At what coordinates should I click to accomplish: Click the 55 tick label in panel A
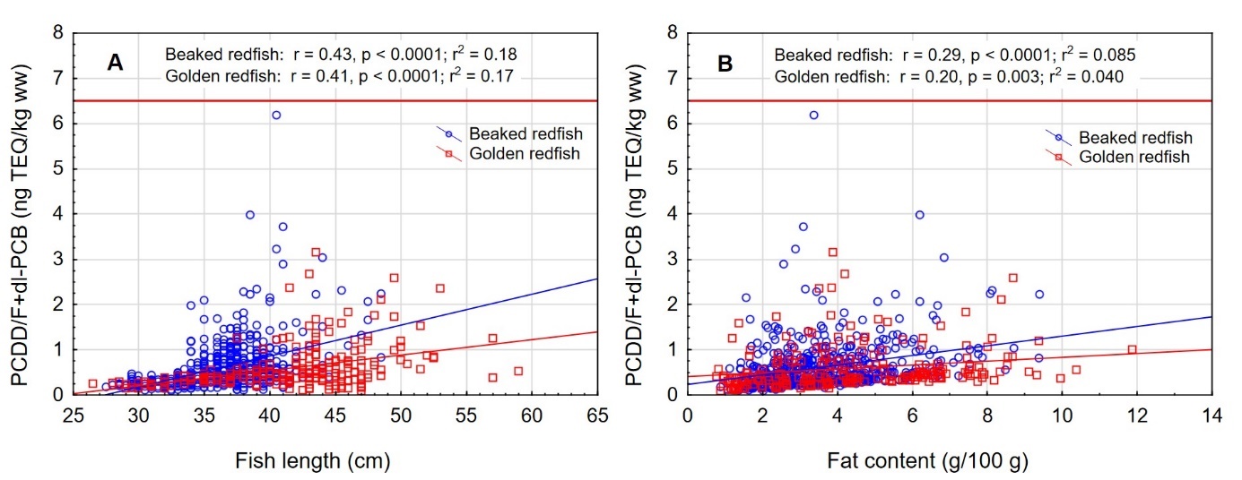pos(465,415)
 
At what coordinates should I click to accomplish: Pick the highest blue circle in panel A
pos(276,115)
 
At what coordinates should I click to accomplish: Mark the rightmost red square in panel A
pos(517,371)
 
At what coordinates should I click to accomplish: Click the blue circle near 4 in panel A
pos(250,215)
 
